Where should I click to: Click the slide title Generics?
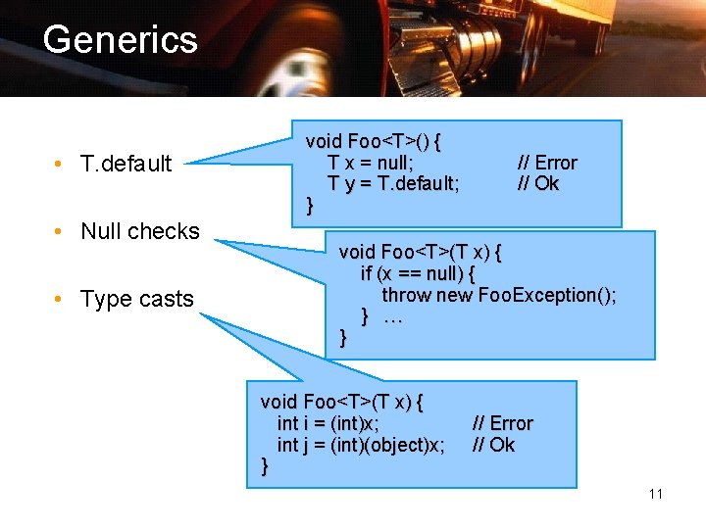coord(120,40)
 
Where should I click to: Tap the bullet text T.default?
coord(126,164)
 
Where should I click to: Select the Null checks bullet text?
coord(139,232)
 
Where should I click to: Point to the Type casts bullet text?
coord(136,300)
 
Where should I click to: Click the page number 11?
coord(655,494)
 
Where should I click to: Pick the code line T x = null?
coord(371,163)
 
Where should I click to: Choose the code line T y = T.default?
coord(393,184)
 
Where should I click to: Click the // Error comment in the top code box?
coord(547,163)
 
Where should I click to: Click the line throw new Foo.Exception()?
coord(499,295)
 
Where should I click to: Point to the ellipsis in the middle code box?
coord(393,316)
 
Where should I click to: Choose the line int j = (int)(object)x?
coord(361,445)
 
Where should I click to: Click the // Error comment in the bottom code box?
coord(502,423)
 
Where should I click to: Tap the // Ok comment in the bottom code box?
coord(493,445)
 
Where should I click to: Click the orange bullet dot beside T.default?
coord(61,164)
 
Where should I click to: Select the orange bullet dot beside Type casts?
coord(61,300)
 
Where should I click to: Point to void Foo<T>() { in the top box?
coord(373,141)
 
